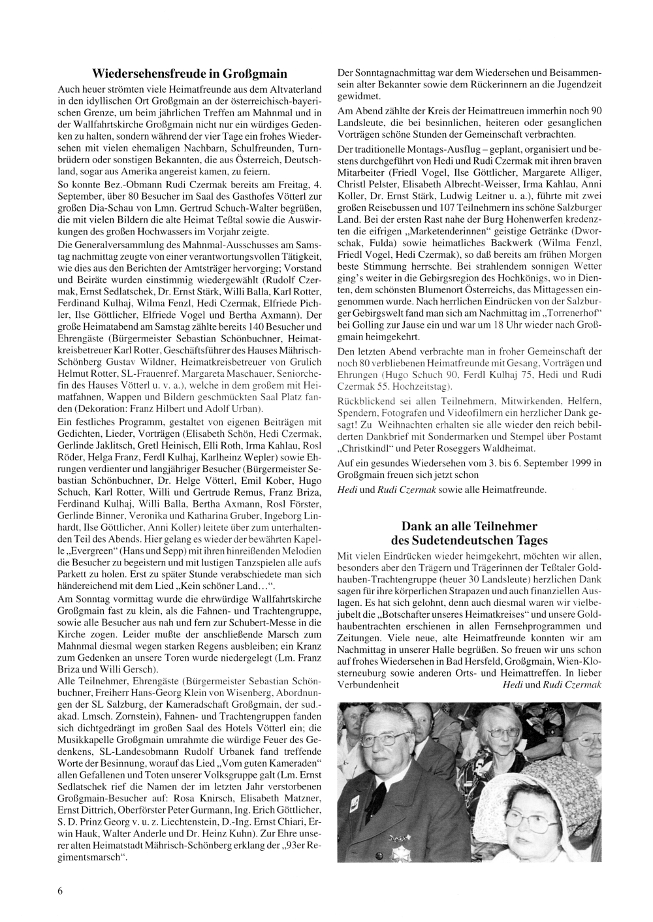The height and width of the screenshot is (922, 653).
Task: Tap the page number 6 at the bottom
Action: pyautogui.click(x=61, y=893)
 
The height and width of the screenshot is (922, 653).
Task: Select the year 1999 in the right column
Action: pyautogui.click(x=585, y=463)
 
